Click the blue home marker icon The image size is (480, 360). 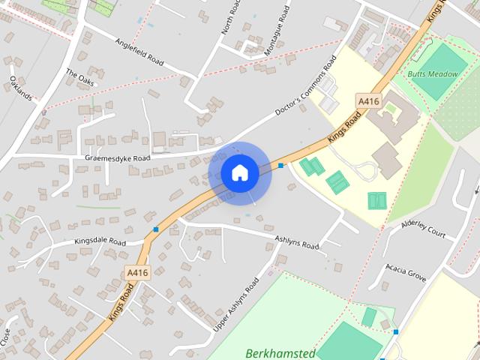point(239,172)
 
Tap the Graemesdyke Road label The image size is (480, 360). point(118,158)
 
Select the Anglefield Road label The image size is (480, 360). point(139,52)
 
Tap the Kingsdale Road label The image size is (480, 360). point(100,242)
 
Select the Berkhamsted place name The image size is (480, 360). point(280,352)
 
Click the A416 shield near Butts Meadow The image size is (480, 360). point(368,100)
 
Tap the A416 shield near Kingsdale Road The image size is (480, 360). point(138,273)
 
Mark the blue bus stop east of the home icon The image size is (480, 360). point(280,165)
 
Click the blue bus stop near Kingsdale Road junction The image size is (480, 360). point(156,229)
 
